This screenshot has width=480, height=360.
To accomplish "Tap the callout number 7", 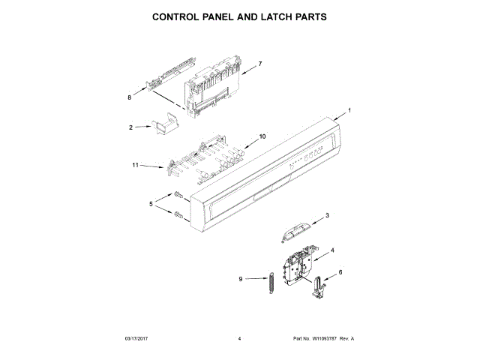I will pos(259,64).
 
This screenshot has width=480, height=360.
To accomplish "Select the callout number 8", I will pos(129,97).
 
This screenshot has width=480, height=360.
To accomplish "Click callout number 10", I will pos(262,136).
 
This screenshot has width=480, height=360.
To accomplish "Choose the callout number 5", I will pos(151,204).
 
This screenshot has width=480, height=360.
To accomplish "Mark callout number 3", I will pos(327,216).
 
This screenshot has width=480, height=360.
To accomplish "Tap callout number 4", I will pos(333,250).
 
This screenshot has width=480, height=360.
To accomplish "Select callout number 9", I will pos(241,279).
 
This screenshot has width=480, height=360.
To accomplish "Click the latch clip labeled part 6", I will pos(319,288).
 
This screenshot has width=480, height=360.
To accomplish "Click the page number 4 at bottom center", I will pos(239,339).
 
